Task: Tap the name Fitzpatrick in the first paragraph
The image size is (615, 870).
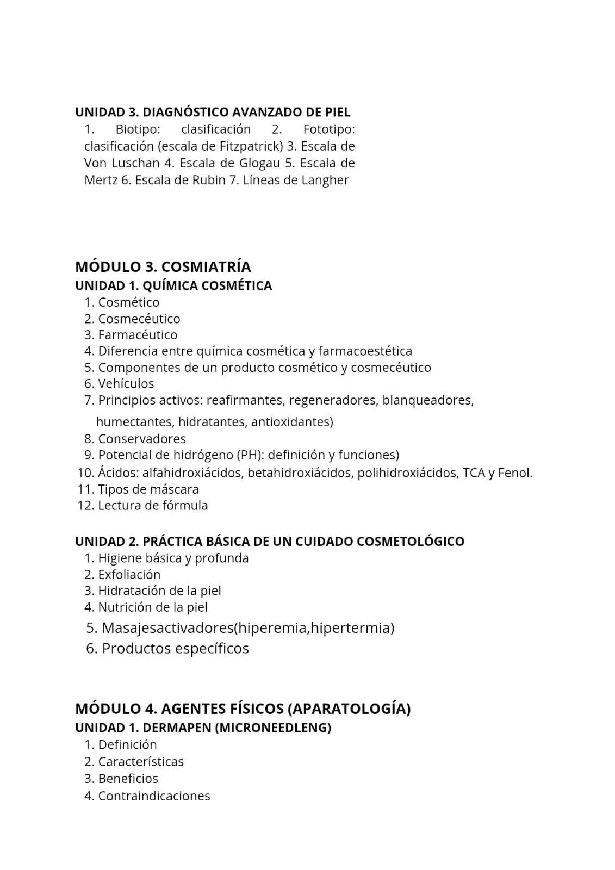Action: [252, 146]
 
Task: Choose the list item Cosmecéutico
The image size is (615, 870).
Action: [139, 319]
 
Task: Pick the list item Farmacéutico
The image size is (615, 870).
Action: [138, 335]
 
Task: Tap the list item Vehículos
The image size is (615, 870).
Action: [126, 384]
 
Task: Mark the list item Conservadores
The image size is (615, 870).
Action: [142, 439]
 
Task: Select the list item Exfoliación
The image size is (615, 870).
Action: [129, 575]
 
